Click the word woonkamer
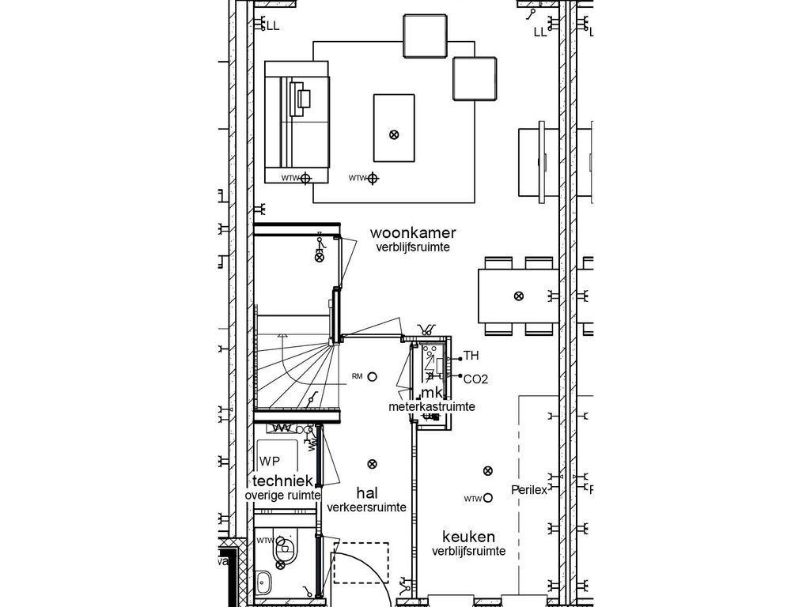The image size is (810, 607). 413,233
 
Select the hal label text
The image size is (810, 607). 366,493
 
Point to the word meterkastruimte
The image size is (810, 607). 431,407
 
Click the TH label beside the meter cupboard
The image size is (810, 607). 471,356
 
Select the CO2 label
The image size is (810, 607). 475,379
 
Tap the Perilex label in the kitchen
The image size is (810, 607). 529,490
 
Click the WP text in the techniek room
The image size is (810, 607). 270,462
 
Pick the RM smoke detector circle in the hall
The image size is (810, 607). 373,377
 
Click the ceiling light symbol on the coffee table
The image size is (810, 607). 394,134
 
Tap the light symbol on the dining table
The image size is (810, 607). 518,296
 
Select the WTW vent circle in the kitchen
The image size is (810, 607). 488,498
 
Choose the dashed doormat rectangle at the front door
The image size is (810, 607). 361,562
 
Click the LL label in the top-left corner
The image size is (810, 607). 273,26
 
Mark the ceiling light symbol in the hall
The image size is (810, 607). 375,464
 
